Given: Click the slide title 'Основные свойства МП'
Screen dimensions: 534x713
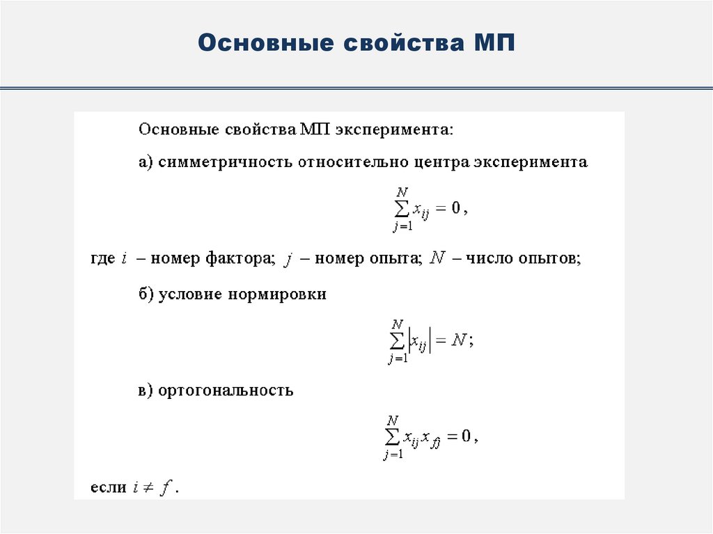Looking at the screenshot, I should click(356, 43).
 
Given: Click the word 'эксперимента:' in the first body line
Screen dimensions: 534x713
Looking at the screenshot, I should click(394, 129).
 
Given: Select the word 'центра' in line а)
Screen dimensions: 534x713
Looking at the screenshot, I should click(442, 162).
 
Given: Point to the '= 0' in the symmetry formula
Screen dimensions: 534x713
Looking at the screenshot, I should click(448, 209).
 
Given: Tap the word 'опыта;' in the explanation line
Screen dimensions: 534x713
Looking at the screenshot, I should click(399, 258).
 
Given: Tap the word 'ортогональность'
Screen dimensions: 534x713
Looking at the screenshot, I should click(226, 390).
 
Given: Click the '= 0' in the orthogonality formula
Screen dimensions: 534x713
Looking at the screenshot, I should click(460, 437).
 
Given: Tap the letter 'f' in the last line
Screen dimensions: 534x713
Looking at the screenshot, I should click(166, 487).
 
